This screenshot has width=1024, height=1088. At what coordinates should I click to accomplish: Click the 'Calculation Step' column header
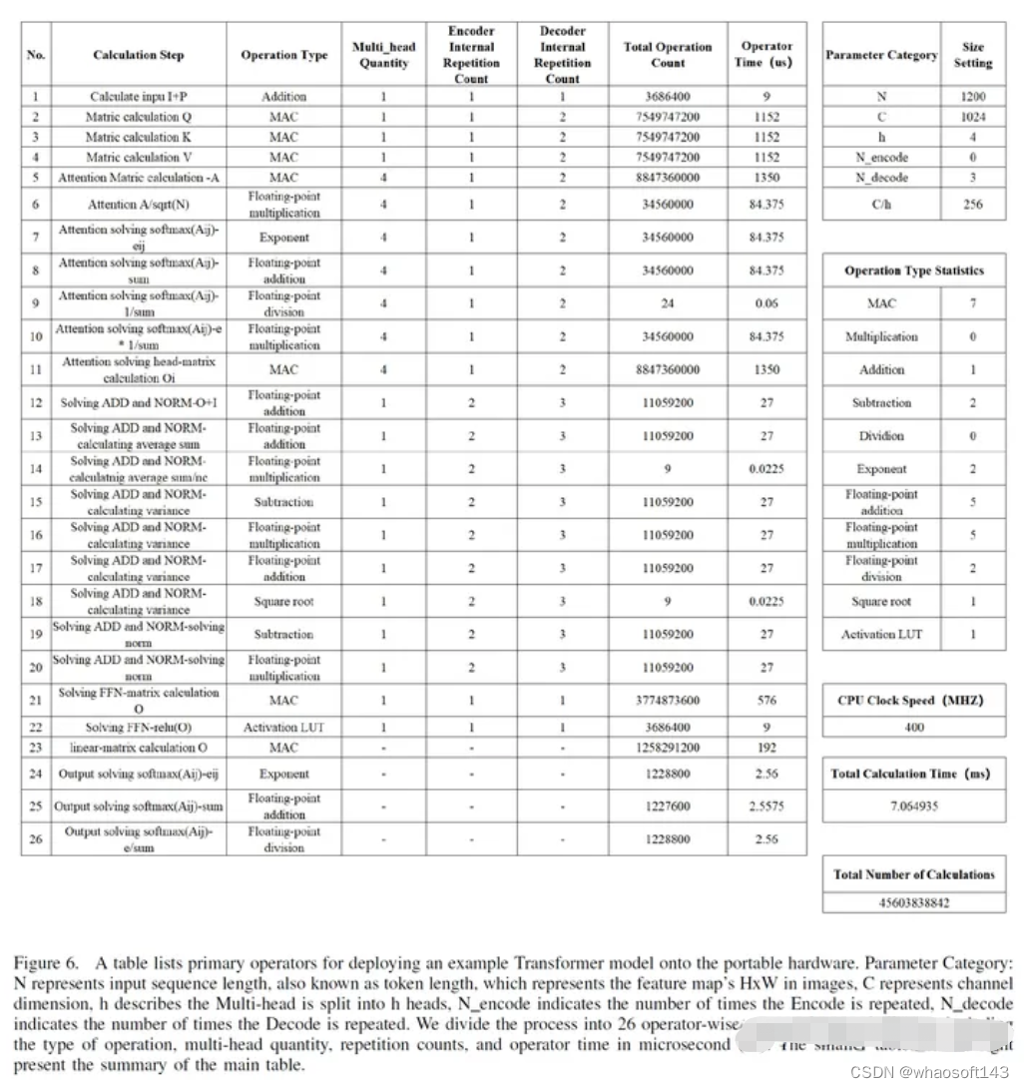click(x=138, y=55)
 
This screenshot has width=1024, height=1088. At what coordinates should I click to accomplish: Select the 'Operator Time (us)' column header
click(x=767, y=54)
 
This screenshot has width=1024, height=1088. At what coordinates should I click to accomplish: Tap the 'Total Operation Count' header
click(x=668, y=54)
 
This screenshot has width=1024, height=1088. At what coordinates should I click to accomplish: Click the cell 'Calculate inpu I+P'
click(x=138, y=97)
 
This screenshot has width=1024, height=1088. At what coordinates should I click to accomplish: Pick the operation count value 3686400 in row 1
click(x=668, y=97)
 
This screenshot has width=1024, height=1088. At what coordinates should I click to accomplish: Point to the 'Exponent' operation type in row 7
click(x=283, y=238)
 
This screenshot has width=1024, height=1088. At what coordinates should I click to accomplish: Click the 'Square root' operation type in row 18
click(x=283, y=602)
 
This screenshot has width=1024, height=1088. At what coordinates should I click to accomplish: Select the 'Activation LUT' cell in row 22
click(x=283, y=728)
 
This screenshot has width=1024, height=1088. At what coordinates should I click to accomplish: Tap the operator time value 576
click(x=767, y=701)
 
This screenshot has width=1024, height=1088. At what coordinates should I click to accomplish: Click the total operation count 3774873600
click(x=668, y=701)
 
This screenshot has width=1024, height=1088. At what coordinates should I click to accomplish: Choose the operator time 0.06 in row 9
click(x=767, y=303)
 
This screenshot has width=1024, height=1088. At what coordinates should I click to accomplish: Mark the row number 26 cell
click(x=36, y=839)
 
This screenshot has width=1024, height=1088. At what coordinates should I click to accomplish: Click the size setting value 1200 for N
click(x=972, y=97)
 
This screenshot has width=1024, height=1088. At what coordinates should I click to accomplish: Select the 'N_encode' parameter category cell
click(x=881, y=157)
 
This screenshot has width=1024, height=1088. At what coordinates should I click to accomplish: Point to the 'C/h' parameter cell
click(x=881, y=204)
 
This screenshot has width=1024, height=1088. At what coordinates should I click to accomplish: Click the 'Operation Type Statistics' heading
click(x=913, y=271)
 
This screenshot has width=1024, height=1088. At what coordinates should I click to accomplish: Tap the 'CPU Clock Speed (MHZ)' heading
click(x=913, y=700)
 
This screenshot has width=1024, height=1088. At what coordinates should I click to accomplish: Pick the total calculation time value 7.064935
click(x=913, y=807)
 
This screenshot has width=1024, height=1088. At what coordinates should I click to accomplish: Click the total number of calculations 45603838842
click(x=913, y=902)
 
